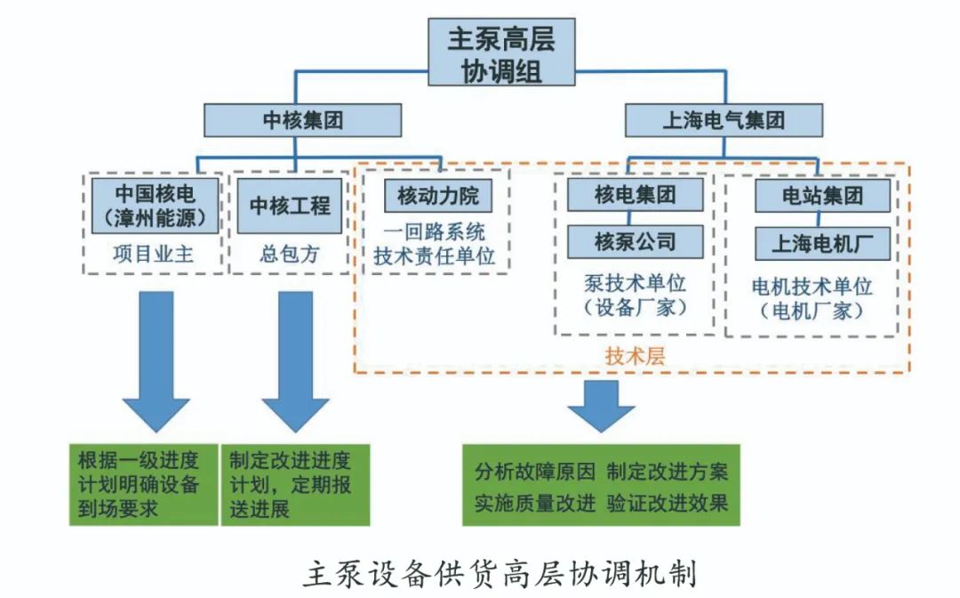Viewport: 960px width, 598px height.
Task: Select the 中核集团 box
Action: click(x=302, y=120)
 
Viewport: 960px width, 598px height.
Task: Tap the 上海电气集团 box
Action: click(x=724, y=120)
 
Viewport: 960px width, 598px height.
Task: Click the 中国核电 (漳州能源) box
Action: click(x=156, y=205)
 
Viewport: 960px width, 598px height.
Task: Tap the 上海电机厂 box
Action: click(x=822, y=242)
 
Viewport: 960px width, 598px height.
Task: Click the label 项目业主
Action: click(x=155, y=255)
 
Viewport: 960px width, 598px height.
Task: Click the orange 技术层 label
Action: click(x=635, y=357)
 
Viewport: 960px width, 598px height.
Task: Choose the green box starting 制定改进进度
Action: click(x=294, y=485)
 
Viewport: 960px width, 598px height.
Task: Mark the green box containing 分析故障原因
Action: click(x=601, y=486)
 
